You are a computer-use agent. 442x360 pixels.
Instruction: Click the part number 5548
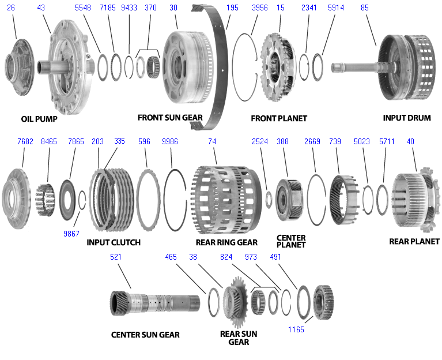coord(83,8)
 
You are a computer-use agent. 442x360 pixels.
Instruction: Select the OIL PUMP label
coord(40,119)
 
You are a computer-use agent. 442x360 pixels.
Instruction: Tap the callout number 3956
coord(260,8)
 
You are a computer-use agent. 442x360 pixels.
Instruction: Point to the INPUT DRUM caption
coord(407,118)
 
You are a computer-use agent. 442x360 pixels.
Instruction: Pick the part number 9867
coord(71,234)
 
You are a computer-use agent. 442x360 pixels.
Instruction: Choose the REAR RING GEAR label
coord(226,242)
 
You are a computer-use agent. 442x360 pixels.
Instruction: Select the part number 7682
coord(25,141)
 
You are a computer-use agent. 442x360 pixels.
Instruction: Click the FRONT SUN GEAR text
coord(170,118)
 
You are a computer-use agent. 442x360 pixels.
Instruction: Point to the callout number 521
coord(116,257)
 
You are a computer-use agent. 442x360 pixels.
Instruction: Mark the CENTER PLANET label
coord(291,241)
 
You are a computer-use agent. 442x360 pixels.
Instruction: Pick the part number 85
coord(365,8)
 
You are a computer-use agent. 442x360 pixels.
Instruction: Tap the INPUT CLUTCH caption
coord(114,242)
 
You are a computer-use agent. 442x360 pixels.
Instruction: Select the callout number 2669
coord(312,141)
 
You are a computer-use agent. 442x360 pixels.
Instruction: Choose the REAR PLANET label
coord(414,241)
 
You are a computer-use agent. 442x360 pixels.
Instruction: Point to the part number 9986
coord(170,141)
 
